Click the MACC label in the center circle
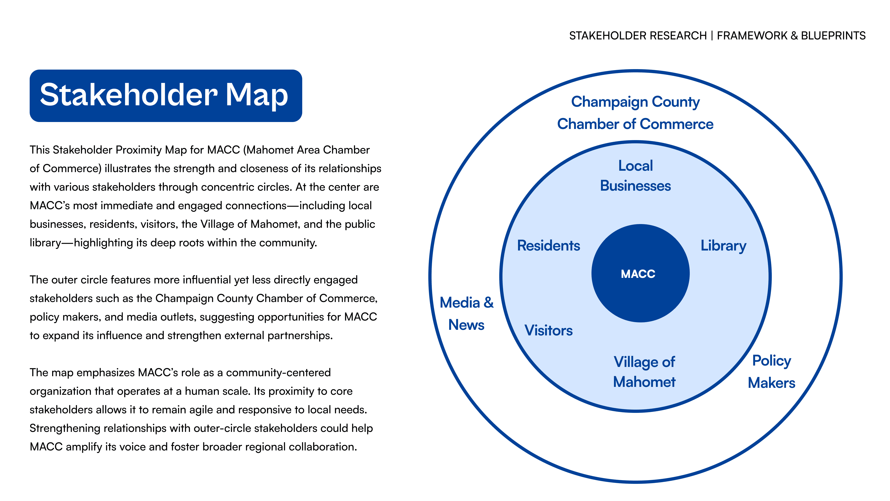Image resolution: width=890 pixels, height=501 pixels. coord(638,274)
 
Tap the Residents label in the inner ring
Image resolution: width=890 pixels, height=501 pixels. coord(548,245)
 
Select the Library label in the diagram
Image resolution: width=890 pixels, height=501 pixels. coord(723,245)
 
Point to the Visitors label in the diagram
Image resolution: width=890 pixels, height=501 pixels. coord(548,331)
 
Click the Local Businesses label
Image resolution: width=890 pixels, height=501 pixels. coord(635,176)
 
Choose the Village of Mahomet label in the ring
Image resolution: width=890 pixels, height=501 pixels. coord(644,372)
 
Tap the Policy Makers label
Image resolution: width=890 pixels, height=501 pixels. coord(772,372)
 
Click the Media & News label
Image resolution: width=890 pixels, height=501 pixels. coord(466,314)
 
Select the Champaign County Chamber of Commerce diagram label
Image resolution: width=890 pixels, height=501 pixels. coord(635,113)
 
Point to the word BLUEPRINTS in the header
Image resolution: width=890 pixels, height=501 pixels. coord(833,36)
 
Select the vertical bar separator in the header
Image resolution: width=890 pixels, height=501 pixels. coord(712,36)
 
